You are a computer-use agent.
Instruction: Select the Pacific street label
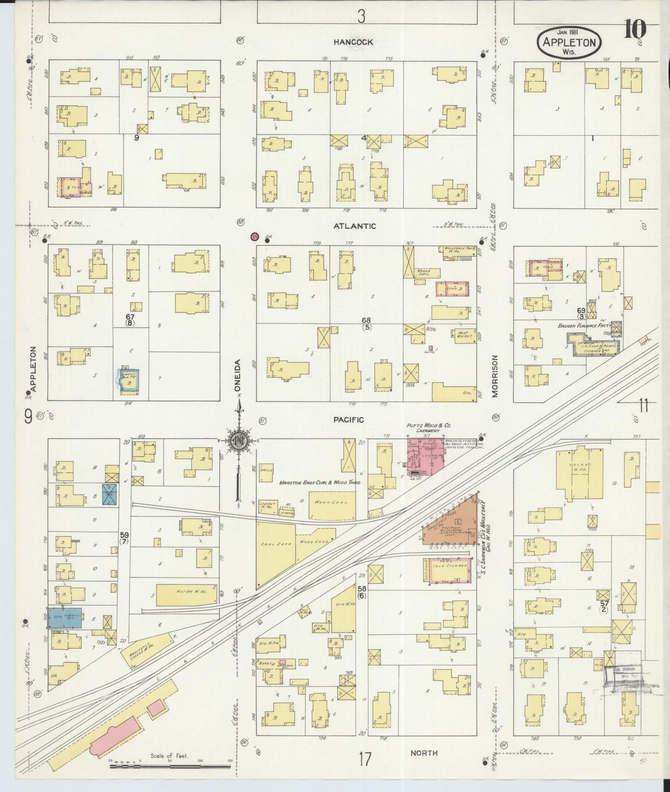[x=348, y=420]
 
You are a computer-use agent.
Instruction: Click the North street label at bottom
[x=424, y=753]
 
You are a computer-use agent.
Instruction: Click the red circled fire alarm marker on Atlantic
[x=254, y=237]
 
